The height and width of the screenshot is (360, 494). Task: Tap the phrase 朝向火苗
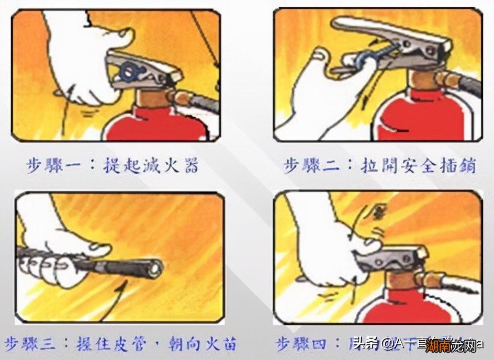[x=202, y=344]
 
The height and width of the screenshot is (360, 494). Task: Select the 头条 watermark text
[x=364, y=344]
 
